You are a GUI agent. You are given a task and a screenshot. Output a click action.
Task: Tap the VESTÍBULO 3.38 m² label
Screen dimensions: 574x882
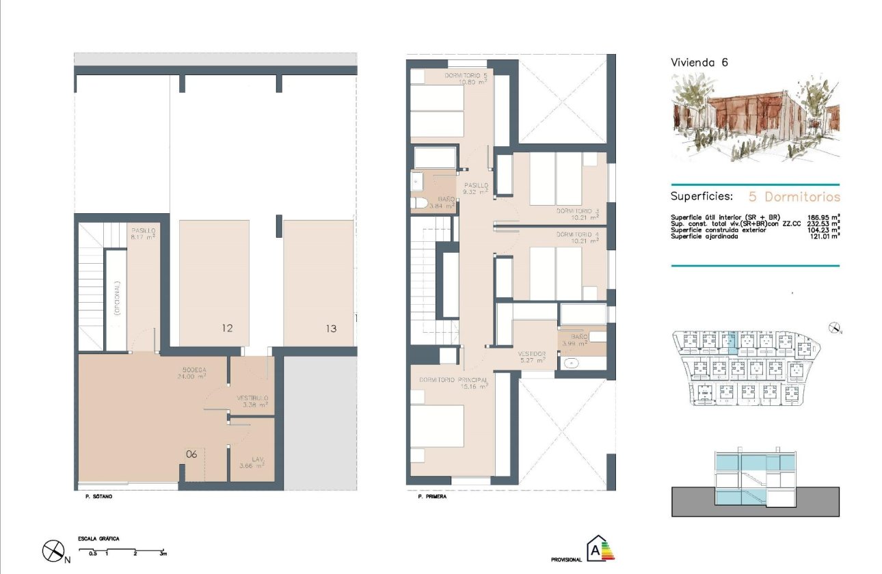click(x=252, y=401)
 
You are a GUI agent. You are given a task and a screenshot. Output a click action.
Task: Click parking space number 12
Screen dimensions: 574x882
click(x=227, y=329)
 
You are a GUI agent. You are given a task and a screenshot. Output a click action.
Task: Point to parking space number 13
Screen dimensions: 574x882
click(x=331, y=329)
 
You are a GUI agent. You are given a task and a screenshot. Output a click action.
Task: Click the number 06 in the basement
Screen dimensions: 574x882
click(x=191, y=453)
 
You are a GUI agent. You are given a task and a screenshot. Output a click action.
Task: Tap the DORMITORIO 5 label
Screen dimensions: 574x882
click(x=466, y=78)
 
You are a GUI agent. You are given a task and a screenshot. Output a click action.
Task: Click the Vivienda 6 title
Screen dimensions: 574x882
click(x=699, y=62)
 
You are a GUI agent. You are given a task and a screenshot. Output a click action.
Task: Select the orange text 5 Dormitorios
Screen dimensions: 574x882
click(x=794, y=197)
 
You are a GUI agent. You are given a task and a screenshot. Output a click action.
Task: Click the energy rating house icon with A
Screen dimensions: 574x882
click(x=598, y=549)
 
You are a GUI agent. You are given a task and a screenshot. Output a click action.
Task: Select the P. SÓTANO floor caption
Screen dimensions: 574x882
click(x=94, y=497)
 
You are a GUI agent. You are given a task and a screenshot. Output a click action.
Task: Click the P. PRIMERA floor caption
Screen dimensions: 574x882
click(x=431, y=497)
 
